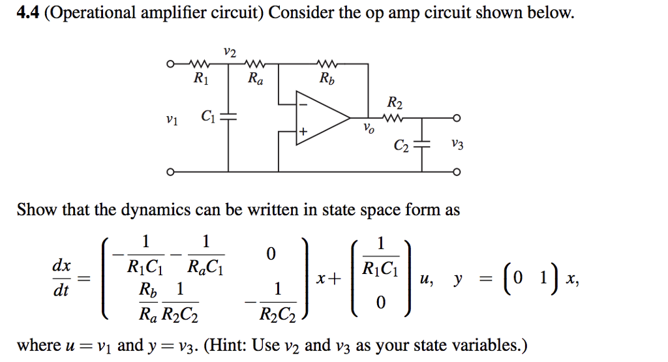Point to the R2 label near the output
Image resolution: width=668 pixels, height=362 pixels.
tap(395, 104)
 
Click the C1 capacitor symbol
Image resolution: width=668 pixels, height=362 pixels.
tap(228, 119)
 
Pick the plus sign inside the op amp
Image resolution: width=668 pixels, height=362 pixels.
tap(303, 132)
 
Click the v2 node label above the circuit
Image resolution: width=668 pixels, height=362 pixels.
tap(229, 50)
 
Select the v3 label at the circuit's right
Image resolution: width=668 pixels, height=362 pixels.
tap(457, 145)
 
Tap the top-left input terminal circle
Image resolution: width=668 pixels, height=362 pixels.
tap(170, 64)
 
